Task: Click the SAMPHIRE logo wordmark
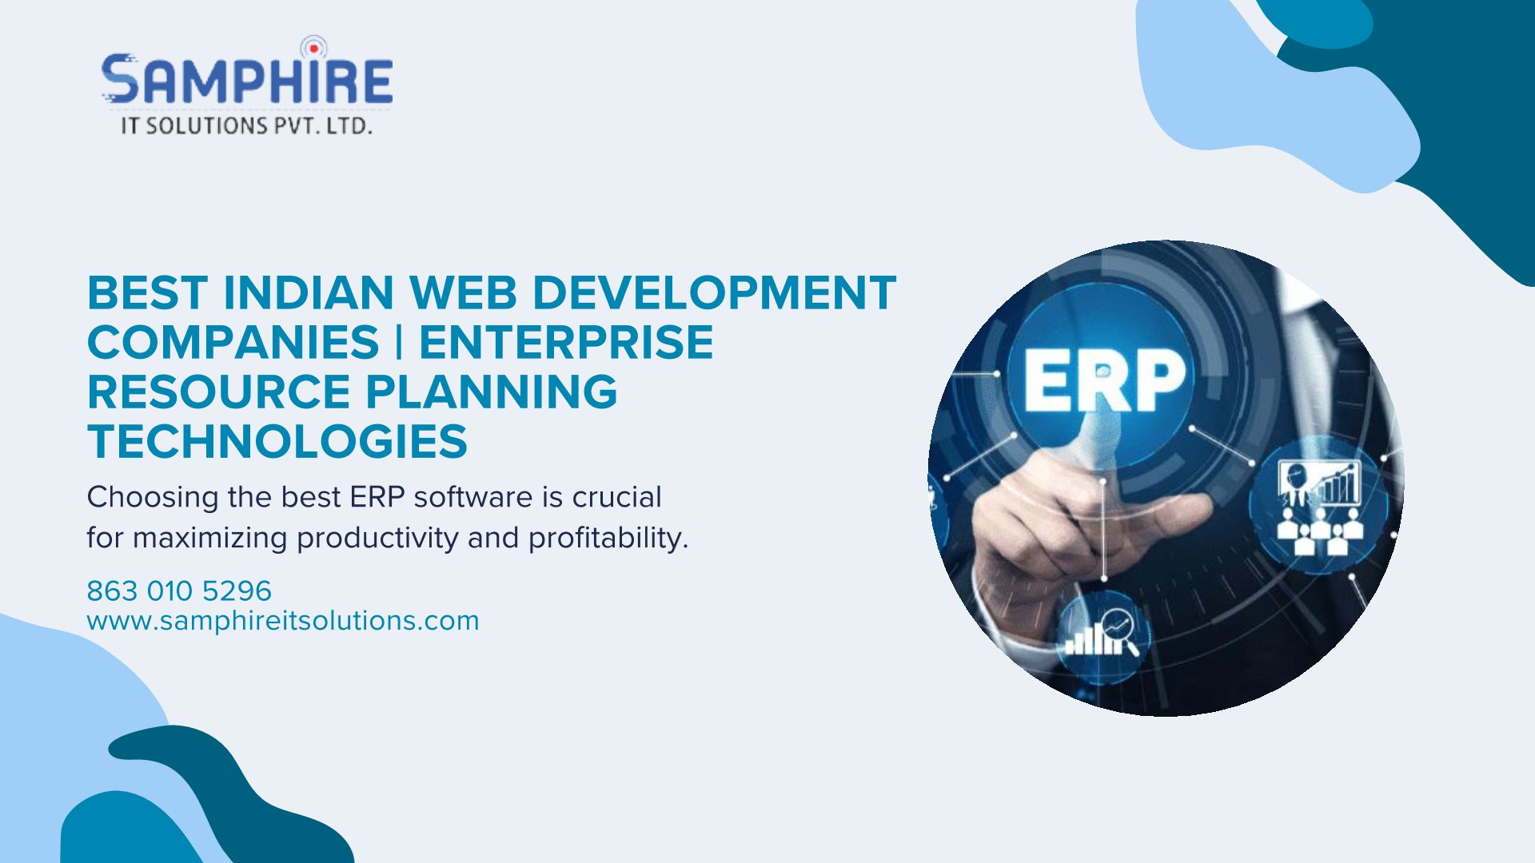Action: pos(247,79)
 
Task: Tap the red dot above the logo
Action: pos(314,48)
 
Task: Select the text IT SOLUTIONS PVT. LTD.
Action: pos(246,125)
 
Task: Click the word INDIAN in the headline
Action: pos(308,292)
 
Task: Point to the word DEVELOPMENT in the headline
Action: pos(714,292)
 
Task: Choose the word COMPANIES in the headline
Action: pos(233,342)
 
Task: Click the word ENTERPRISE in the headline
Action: pos(566,342)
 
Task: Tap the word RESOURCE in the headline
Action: pos(218,392)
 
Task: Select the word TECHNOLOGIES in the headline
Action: pos(277,441)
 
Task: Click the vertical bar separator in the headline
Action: pos(399,342)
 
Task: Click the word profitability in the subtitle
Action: pos(608,538)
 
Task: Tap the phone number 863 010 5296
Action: pos(179,591)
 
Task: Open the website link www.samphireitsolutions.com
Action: pos(283,621)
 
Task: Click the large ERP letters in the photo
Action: pos(1105,380)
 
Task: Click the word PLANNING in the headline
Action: pos(492,392)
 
